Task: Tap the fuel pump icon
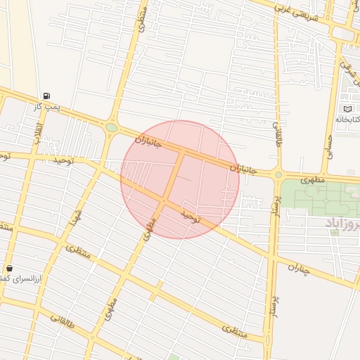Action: point(46,96)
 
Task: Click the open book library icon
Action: point(347,109)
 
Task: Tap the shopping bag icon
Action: point(9,268)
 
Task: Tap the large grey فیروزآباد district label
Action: point(343,223)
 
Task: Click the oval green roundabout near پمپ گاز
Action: point(111,128)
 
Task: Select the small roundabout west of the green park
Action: point(278,174)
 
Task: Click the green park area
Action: point(316,197)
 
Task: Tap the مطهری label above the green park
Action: point(314,180)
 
